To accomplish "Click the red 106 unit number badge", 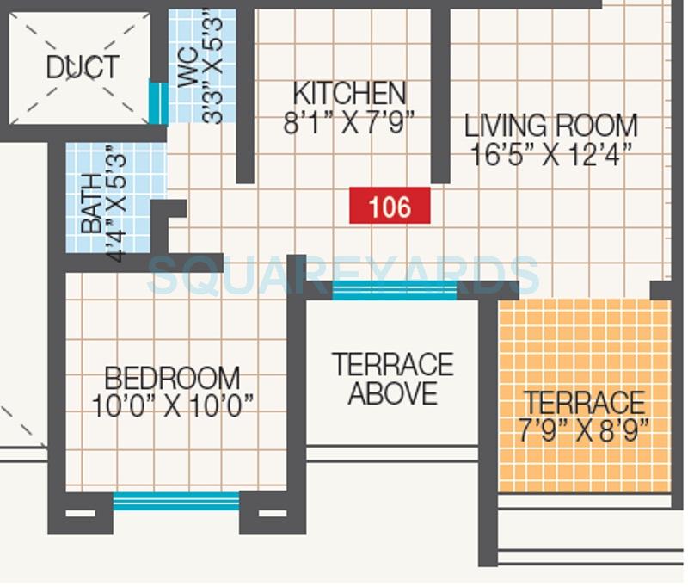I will [x=390, y=207].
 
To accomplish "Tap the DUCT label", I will [x=83, y=67].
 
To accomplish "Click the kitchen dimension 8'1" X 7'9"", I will [x=348, y=121].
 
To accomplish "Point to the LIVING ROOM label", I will [x=551, y=126].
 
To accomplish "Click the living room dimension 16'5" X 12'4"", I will [x=551, y=155].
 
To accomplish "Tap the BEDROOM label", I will [x=172, y=378].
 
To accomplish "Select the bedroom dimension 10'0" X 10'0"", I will [x=172, y=405].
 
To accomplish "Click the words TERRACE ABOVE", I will [x=393, y=379].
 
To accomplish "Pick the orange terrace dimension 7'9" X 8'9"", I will [x=583, y=429].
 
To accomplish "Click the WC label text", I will [x=188, y=74].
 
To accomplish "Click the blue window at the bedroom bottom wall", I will [x=176, y=501].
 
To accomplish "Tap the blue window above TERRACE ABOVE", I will [x=394, y=290].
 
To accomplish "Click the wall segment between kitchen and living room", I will [x=440, y=95].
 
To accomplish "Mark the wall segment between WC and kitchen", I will [x=245, y=95].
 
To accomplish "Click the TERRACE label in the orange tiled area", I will [x=585, y=402].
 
